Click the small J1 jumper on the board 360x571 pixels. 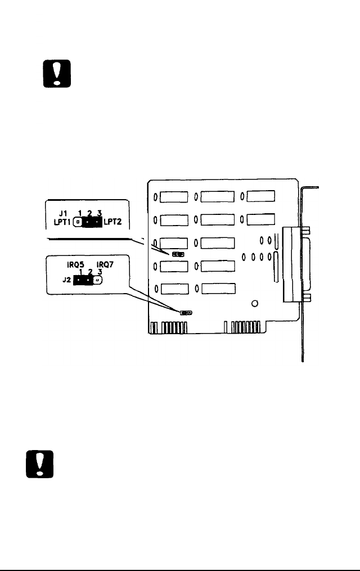click(178, 254)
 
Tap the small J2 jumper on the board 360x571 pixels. click(186, 312)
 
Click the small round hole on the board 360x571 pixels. click(255, 304)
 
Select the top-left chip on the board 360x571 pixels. click(175, 197)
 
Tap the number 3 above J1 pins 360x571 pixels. click(100, 213)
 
